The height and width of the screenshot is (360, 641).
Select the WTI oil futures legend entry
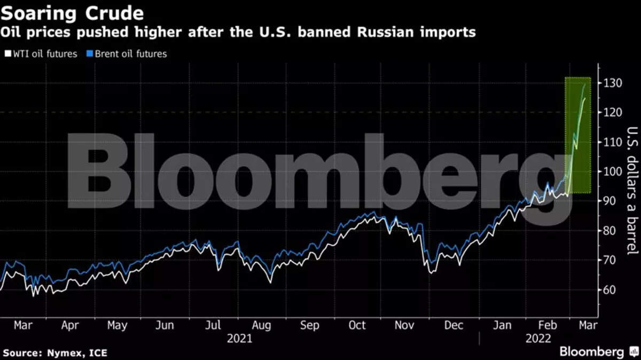point(42,53)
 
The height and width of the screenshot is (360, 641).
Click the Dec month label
point(454,325)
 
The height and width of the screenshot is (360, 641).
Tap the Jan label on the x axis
point(503,325)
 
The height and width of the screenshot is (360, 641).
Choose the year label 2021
point(239,338)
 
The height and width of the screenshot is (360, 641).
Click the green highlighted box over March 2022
point(578,135)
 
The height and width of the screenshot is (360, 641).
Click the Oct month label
point(357,325)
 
